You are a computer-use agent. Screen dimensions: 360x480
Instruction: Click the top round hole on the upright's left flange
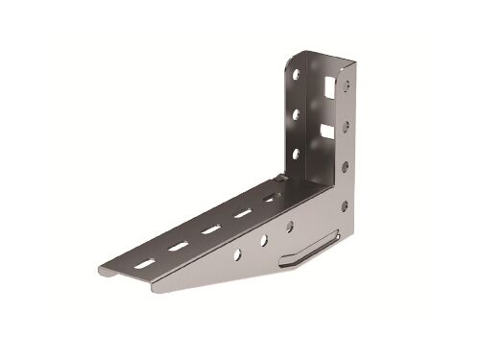(297, 74)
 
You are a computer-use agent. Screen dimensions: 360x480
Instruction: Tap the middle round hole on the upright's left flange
(296, 114)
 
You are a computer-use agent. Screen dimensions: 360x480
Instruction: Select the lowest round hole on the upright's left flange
(296, 153)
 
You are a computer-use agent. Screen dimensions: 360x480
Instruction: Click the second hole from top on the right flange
(346, 125)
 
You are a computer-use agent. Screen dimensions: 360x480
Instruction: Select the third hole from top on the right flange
(345, 166)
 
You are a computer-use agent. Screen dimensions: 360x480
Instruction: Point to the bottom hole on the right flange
(344, 205)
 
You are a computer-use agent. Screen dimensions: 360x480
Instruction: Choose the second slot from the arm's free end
(179, 246)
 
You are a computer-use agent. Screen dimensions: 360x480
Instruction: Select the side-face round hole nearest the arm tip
(237, 254)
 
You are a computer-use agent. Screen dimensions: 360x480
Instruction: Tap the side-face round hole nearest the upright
(289, 228)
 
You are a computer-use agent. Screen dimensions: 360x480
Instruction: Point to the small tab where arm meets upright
(279, 179)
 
